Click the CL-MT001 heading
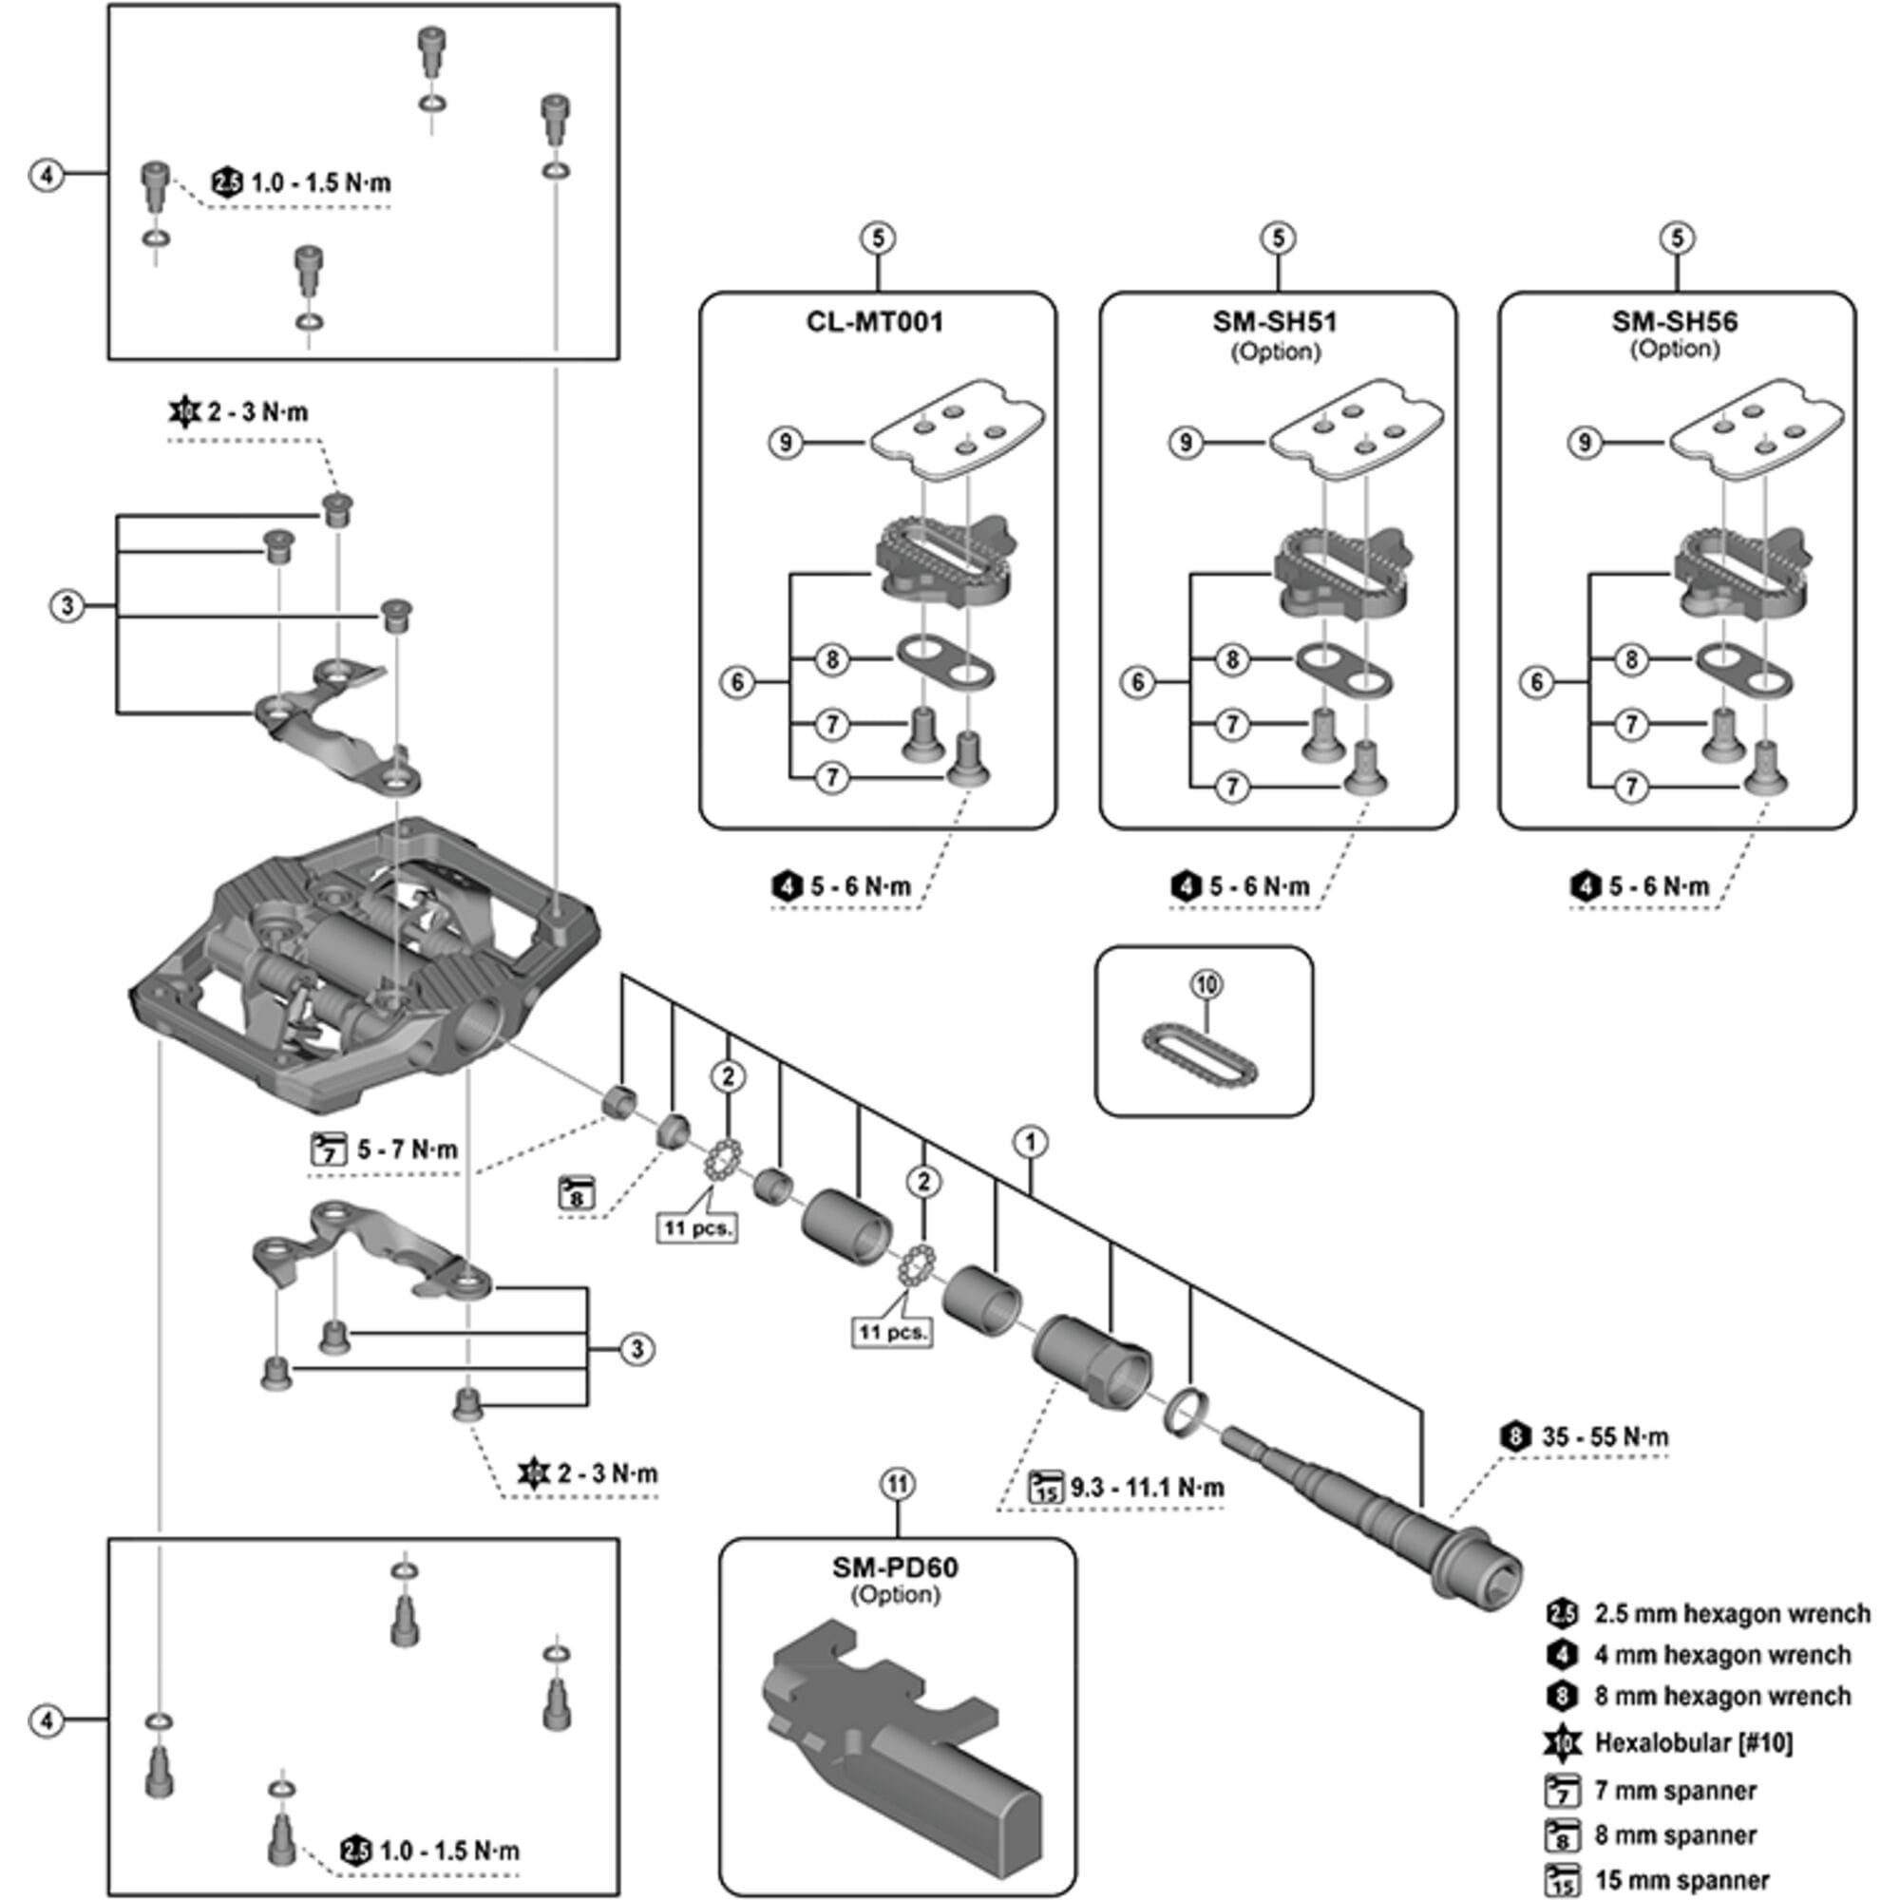pyautogui.click(x=874, y=323)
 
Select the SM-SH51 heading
pyautogui.click(x=1275, y=323)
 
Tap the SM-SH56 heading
pyautogui.click(x=1674, y=323)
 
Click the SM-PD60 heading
pyautogui.click(x=895, y=1567)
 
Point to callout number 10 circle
pyautogui.click(x=1206, y=984)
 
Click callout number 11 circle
pyautogui.click(x=897, y=1484)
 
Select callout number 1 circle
pyautogui.click(x=1030, y=1142)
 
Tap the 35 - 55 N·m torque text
pyautogui.click(x=1604, y=1436)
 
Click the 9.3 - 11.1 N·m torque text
pyautogui.click(x=1147, y=1487)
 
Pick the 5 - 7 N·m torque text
pyautogui.click(x=408, y=1149)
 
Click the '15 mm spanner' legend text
pyautogui.click(x=1681, y=1880)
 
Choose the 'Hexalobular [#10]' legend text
pyautogui.click(x=1694, y=1742)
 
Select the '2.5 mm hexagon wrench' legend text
pyautogui.click(x=1732, y=1614)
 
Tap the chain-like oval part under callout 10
pyautogui.click(x=1201, y=1058)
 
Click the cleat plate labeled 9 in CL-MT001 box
pyautogui.click(x=958, y=429)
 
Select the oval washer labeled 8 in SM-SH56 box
pyautogui.click(x=1743, y=669)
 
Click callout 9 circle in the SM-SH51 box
pyautogui.click(x=1185, y=443)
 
